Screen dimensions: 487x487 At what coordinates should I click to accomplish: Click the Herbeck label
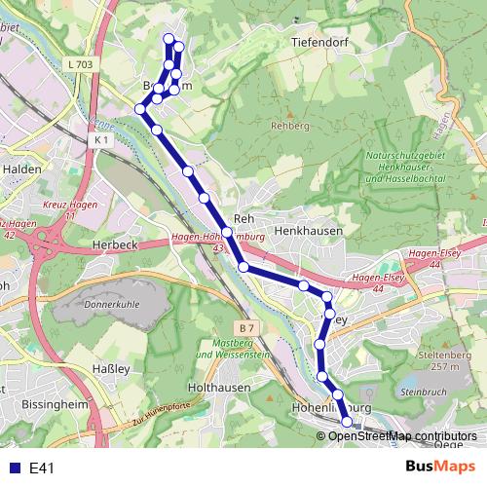tap(112, 243)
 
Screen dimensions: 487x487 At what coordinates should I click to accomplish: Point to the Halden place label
tap(19, 168)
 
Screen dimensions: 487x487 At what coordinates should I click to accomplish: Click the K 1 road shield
tap(102, 140)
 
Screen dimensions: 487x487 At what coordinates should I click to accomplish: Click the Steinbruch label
tap(421, 392)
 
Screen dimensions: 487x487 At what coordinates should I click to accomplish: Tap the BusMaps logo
tap(440, 468)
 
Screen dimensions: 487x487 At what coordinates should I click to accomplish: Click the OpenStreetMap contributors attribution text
tap(401, 435)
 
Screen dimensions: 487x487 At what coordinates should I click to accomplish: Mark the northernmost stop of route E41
tap(169, 39)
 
